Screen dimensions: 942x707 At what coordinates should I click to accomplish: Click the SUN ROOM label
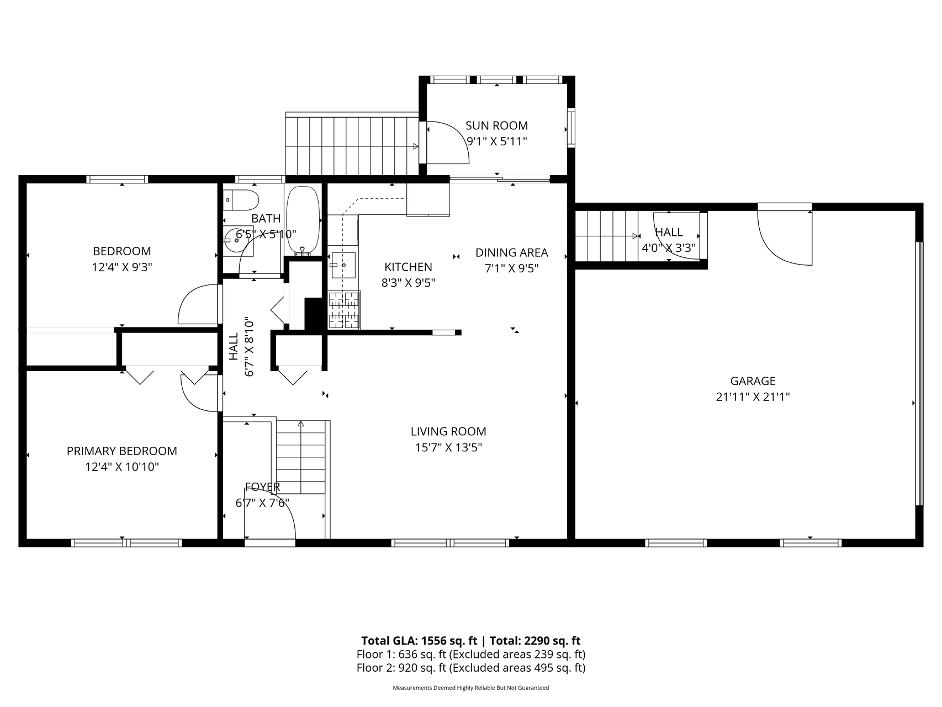point(496,125)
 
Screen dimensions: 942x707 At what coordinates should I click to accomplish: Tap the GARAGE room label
point(753,381)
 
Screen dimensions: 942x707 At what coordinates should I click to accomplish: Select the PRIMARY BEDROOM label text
point(122,451)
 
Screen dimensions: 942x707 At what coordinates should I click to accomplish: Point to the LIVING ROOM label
point(448,431)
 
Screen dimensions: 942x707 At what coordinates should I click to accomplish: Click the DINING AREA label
point(512,252)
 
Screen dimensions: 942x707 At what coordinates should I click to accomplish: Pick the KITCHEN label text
point(408,267)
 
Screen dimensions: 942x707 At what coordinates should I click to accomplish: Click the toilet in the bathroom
point(241,199)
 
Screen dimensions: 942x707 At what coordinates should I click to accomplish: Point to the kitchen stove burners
point(344,310)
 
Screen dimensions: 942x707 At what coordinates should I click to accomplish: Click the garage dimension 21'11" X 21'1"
point(753,397)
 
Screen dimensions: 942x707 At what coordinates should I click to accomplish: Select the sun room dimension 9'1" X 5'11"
point(497,141)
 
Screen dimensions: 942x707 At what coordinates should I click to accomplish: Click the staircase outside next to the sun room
point(352,144)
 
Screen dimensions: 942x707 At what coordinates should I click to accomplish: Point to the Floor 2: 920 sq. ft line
point(470,668)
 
